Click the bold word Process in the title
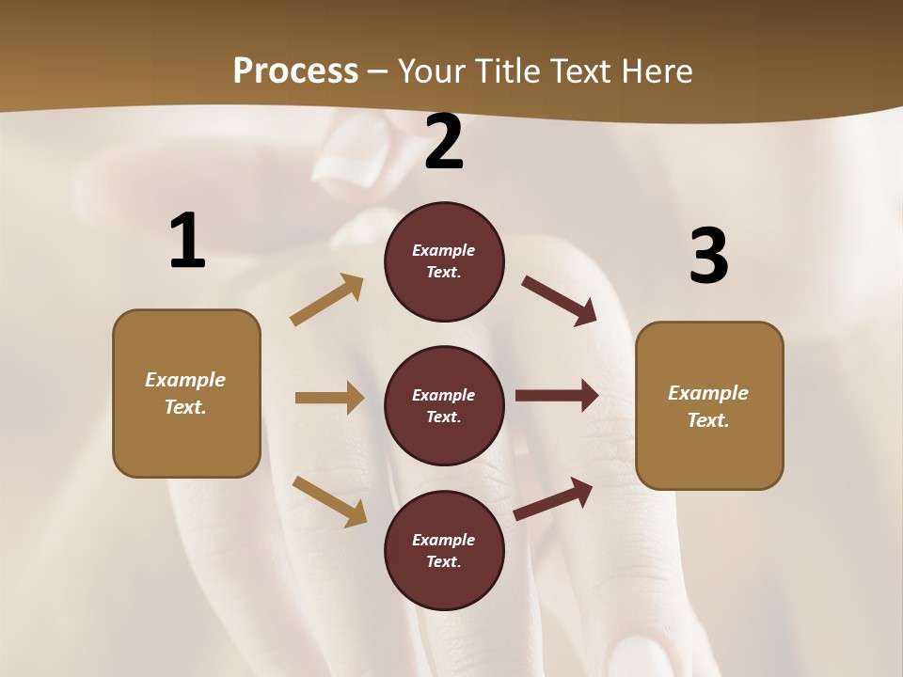click(295, 71)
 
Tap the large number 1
click(187, 242)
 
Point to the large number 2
click(444, 142)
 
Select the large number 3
click(708, 256)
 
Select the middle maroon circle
click(444, 405)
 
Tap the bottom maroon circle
click(444, 550)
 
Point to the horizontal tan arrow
click(329, 398)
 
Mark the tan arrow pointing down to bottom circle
click(329, 500)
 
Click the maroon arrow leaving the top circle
click(559, 301)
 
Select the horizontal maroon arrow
click(557, 396)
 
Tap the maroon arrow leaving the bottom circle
click(553, 499)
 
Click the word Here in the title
click(657, 71)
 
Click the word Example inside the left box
click(185, 380)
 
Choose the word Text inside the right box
click(707, 420)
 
